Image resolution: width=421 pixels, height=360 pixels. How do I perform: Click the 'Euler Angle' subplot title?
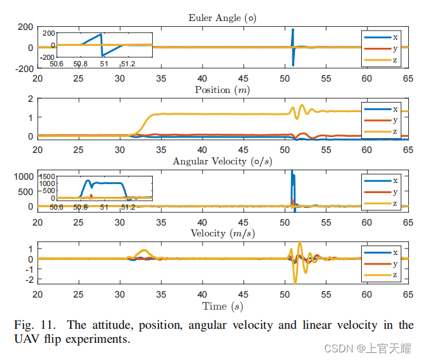pos(215,18)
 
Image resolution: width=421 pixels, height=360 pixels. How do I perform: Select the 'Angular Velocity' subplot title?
pos(222,161)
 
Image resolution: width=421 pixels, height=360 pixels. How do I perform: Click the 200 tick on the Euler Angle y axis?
pos(25,27)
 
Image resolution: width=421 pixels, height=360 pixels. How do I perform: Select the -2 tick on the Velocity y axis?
pos(27,279)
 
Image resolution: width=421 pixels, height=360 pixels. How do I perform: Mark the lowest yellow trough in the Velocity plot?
pos(295,282)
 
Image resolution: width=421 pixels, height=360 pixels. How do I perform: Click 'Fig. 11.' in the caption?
pos(31,325)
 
